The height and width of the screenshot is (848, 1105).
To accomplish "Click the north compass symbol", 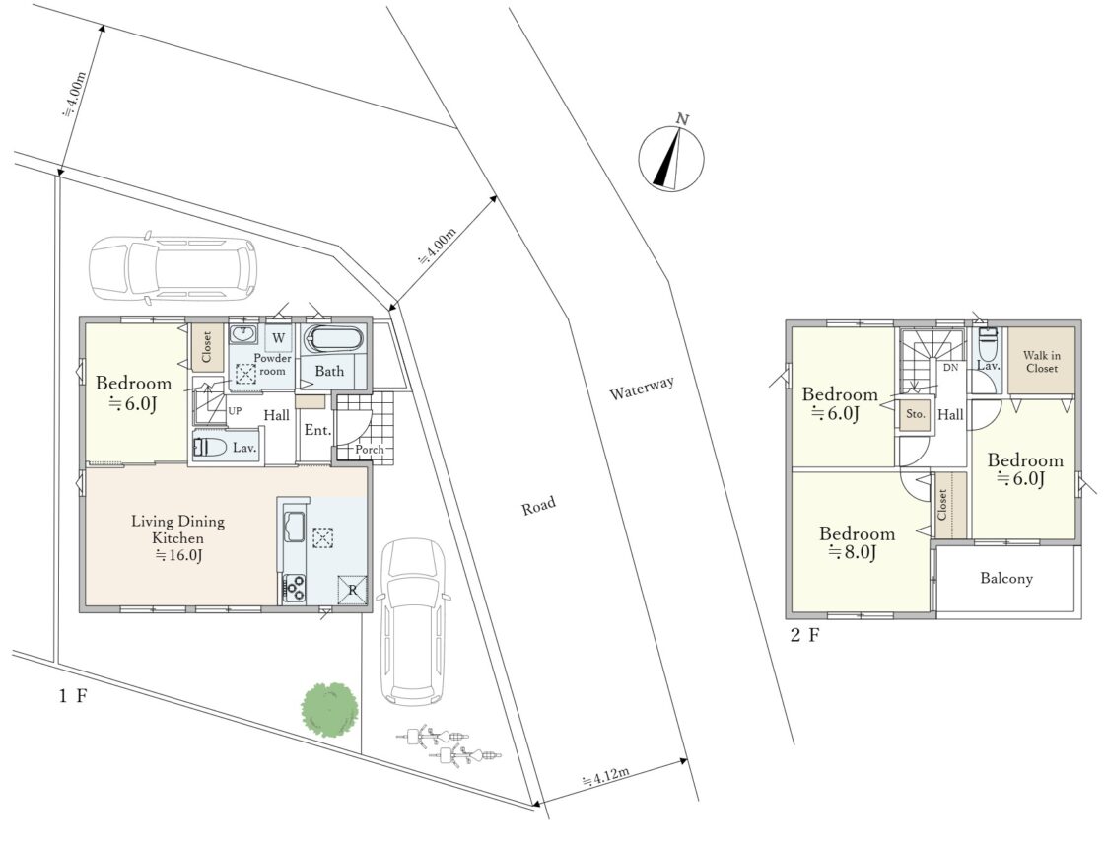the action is [x=671, y=157].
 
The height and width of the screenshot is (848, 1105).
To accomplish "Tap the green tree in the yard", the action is [x=330, y=708].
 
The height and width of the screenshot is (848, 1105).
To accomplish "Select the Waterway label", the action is [x=642, y=389].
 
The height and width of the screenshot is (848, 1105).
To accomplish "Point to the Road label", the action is [x=538, y=505].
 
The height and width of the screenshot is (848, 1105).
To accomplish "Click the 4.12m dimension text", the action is [x=605, y=777].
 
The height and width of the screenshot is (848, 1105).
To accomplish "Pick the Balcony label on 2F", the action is [x=1006, y=578].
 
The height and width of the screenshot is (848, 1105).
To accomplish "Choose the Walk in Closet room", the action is [x=1042, y=361].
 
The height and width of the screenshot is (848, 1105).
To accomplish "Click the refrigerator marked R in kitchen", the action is [x=352, y=590].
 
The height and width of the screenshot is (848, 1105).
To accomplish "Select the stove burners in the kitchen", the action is [x=295, y=588].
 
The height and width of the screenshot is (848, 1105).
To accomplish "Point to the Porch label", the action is [x=370, y=449].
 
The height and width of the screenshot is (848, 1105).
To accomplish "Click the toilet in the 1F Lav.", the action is [x=210, y=447].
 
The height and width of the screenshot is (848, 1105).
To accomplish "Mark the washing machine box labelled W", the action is [x=278, y=337].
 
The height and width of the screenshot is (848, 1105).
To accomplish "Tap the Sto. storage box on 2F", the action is [x=916, y=414].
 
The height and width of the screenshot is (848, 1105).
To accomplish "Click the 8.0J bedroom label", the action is [x=857, y=542].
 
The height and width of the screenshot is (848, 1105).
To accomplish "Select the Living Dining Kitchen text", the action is [x=178, y=529].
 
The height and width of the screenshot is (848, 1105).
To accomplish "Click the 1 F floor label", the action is [x=73, y=696].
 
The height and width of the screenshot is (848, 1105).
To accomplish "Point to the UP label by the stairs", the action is [x=235, y=410].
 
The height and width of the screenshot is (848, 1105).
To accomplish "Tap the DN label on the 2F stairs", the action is [x=950, y=367].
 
